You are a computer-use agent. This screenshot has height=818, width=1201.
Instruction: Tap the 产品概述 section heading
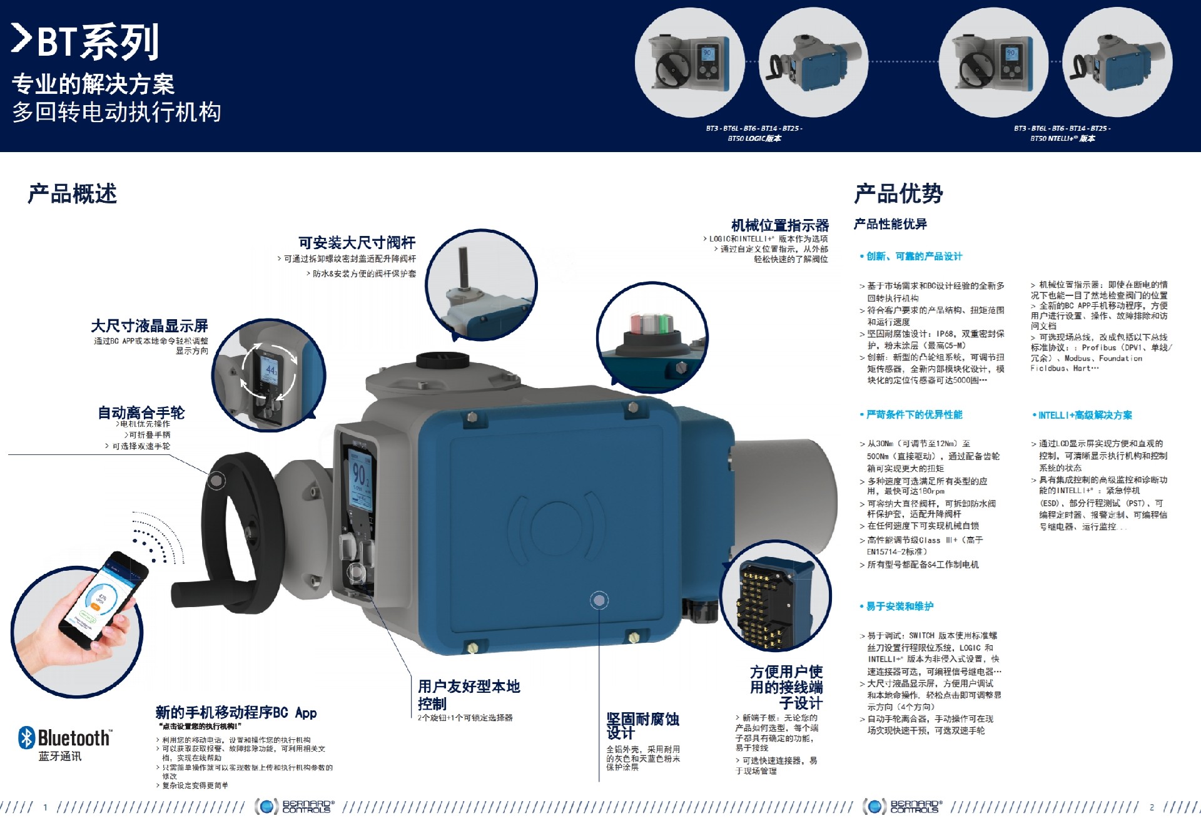point(72,194)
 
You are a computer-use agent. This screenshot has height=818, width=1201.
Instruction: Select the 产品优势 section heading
point(898,194)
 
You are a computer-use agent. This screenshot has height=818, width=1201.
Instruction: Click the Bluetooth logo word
point(73,739)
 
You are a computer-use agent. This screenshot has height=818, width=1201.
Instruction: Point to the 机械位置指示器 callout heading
point(779,225)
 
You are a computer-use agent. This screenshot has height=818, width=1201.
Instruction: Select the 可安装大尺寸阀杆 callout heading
point(357,243)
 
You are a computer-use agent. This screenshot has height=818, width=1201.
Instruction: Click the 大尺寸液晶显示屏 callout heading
point(149,326)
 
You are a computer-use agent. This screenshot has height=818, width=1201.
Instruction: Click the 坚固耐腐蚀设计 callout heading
point(642,726)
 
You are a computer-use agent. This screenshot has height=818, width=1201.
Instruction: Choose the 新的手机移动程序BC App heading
point(236,712)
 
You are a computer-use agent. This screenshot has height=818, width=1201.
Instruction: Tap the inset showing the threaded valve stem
point(482,285)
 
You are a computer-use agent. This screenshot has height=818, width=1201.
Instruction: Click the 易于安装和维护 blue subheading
point(899,606)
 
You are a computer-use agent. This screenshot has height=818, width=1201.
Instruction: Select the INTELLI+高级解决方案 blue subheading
point(1085,415)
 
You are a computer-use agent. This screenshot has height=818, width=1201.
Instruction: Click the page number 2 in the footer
point(1152,807)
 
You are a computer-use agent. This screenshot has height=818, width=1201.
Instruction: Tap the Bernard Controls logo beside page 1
point(295,806)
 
